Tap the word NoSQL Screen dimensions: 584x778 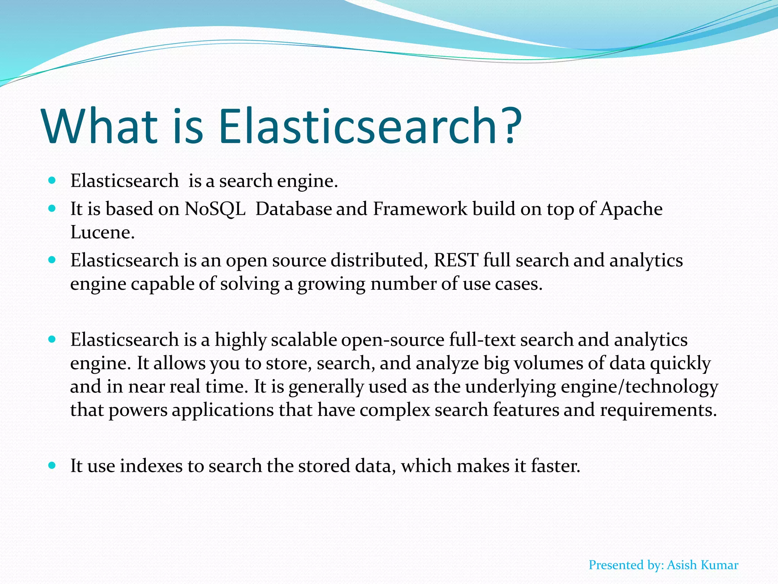click(215, 209)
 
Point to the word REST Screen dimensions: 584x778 click(456, 260)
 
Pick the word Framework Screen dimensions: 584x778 click(420, 209)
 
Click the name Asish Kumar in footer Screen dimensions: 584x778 click(702, 565)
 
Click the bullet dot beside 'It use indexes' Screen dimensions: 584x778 click(52, 465)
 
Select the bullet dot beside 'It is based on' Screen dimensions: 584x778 click(52, 208)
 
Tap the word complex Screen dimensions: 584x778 click(395, 410)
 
